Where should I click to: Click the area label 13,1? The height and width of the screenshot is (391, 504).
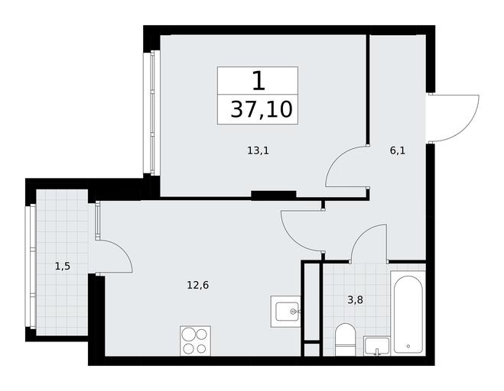[258, 150]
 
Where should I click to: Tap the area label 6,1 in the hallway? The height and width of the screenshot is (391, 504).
[398, 150]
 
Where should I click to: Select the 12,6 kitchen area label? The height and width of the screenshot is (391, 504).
[197, 285]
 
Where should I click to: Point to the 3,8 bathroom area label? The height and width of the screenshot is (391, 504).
[355, 300]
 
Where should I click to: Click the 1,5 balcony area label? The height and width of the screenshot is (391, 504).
[63, 266]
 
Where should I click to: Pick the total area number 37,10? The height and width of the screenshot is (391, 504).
[262, 109]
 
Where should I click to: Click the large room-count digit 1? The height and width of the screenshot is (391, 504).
[259, 81]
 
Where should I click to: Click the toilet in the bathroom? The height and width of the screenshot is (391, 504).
[345, 339]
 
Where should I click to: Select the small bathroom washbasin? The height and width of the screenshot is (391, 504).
[376, 346]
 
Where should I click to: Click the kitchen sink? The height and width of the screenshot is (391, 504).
[286, 312]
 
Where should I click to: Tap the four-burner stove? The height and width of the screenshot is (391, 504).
[196, 341]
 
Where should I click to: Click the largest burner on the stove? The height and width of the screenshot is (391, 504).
[188, 334]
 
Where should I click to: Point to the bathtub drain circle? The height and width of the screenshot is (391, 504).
[408, 346]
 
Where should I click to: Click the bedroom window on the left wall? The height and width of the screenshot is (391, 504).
[152, 113]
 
